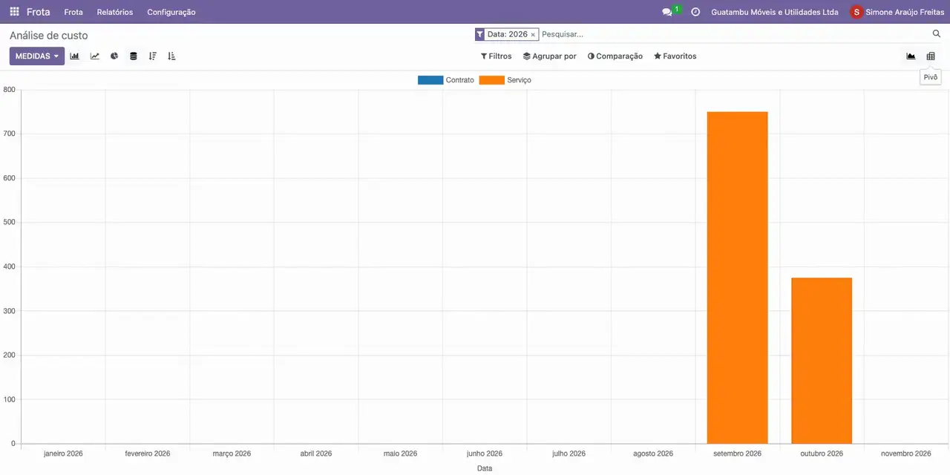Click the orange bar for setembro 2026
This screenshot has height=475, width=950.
(x=737, y=278)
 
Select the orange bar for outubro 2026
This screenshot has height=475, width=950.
(x=822, y=361)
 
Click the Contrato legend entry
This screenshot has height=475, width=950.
(x=446, y=79)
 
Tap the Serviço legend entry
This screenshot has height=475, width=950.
(x=505, y=79)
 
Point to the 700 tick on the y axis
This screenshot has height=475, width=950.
(x=9, y=134)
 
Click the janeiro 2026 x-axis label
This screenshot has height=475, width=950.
(x=63, y=453)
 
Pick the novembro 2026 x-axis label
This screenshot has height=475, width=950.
(x=906, y=453)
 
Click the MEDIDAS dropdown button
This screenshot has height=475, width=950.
(x=37, y=56)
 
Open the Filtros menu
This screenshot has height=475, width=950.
(x=497, y=56)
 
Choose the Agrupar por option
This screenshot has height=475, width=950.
(x=550, y=56)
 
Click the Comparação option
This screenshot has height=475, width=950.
(x=615, y=56)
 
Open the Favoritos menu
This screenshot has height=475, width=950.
(x=675, y=56)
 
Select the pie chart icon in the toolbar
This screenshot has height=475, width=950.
(x=114, y=56)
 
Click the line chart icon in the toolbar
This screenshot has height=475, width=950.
(x=94, y=56)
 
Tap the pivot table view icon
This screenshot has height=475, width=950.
(x=931, y=56)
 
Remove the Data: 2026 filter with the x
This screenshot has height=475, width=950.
(x=533, y=35)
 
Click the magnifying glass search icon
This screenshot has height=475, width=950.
(x=937, y=33)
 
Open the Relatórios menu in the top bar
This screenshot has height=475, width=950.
(x=115, y=12)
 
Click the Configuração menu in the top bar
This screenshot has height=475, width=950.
(x=171, y=12)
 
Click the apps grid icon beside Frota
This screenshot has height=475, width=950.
(x=14, y=11)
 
